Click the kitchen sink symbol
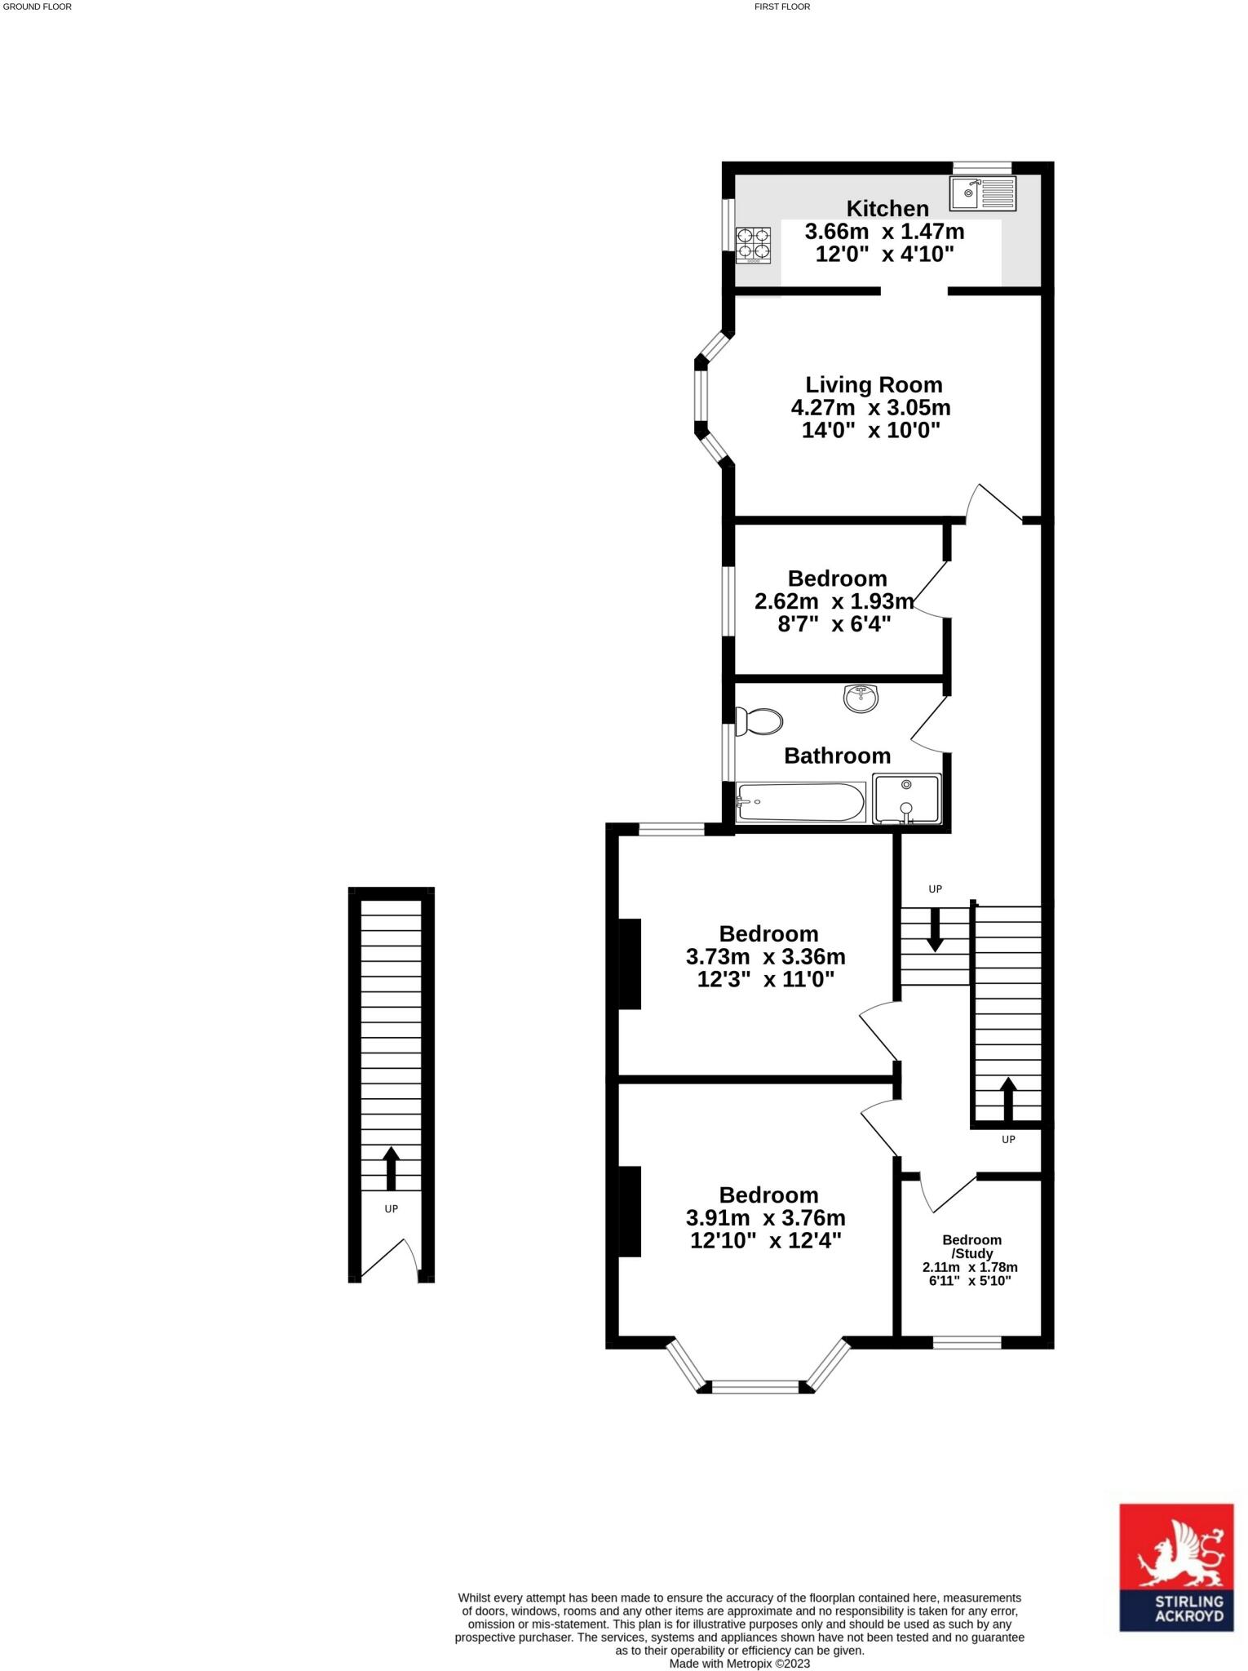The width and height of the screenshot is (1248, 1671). (x=982, y=193)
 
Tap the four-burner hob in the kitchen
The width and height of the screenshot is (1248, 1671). (x=753, y=245)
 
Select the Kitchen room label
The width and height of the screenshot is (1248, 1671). (x=887, y=208)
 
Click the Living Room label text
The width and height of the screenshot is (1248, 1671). (x=874, y=384)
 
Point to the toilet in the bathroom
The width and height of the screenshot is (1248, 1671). (x=759, y=721)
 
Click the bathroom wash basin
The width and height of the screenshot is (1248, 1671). (x=861, y=698)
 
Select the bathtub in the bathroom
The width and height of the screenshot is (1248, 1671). (x=800, y=803)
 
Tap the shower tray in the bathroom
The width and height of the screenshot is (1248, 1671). (x=907, y=798)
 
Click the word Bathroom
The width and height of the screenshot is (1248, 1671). (x=837, y=756)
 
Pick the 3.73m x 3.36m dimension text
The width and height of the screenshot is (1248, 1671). (x=766, y=956)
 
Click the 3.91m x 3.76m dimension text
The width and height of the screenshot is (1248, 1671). (x=766, y=1218)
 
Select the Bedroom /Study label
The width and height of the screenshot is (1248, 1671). (x=971, y=1246)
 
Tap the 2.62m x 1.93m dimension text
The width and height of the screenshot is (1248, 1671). (x=834, y=601)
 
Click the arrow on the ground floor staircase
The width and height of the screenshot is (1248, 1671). (x=391, y=1168)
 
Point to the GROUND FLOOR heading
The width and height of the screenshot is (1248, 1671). (x=38, y=7)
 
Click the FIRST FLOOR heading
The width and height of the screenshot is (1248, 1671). (x=782, y=7)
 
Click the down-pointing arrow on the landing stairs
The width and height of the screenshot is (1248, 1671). (x=935, y=929)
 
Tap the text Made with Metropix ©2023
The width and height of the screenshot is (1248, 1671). (x=739, y=1663)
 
